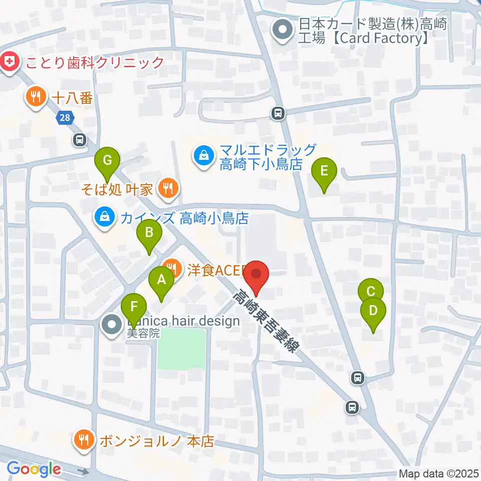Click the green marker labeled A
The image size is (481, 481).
tap(161, 280)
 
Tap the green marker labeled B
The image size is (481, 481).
tap(149, 232)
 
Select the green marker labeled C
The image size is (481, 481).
tap(371, 292)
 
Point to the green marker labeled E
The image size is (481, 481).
tap(324, 171)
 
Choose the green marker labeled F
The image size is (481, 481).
tap(133, 307)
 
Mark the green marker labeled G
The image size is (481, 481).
tap(107, 161)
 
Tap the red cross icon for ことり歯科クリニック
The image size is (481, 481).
tap(9, 63)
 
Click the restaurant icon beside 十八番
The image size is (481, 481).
tap(36, 96)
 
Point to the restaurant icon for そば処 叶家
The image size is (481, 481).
tap(166, 189)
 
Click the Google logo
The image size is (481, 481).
tap(34, 469)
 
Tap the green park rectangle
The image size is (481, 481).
tap(182, 348)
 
